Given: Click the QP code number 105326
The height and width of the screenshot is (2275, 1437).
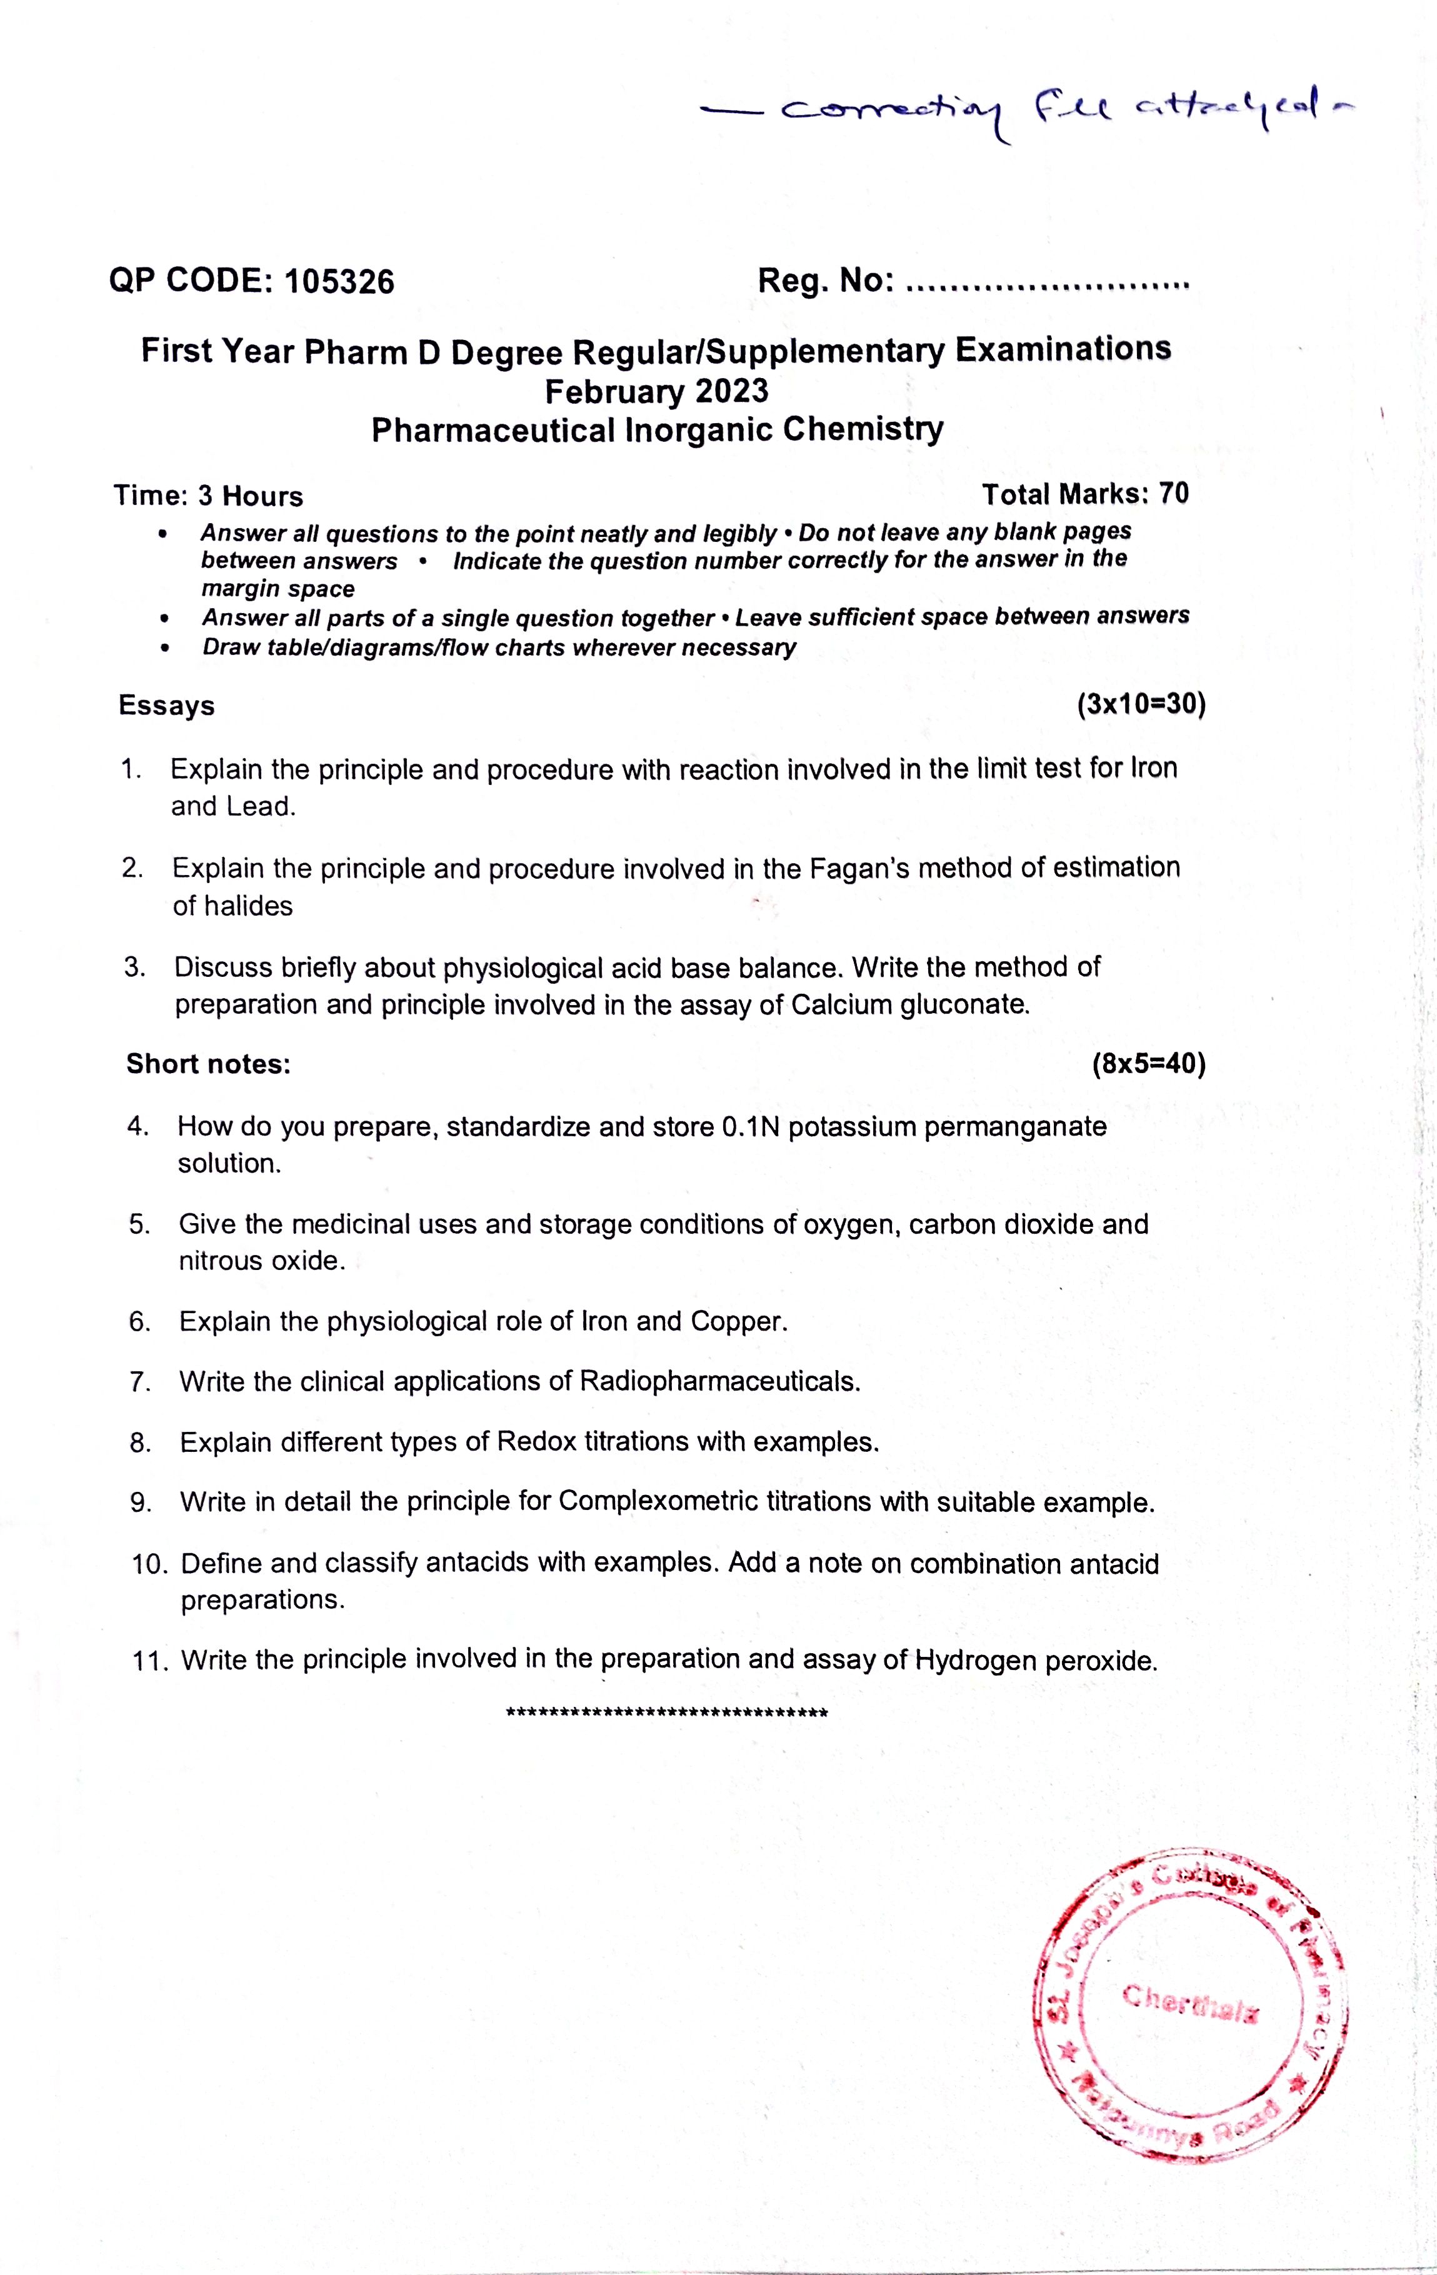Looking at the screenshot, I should point(339,281).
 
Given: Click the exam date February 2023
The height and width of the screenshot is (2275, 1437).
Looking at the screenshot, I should point(656,390).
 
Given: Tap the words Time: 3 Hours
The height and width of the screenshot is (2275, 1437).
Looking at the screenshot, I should point(208,496).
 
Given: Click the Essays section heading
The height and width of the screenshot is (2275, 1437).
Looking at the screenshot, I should point(166,706).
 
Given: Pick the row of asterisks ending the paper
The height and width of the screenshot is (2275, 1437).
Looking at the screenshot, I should point(667,1712).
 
